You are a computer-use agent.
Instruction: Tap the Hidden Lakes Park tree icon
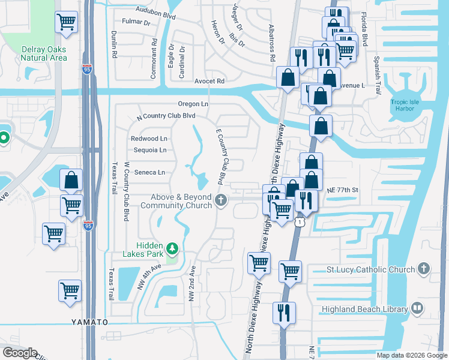coord(172,248)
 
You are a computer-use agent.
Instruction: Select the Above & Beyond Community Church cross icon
coord(221,200)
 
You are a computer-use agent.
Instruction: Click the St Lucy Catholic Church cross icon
coord(424,269)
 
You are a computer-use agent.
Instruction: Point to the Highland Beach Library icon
coord(417,308)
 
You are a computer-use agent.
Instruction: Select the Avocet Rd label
coord(209,81)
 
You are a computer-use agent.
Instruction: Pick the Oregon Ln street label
coord(192,104)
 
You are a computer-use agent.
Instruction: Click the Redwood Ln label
coord(148,139)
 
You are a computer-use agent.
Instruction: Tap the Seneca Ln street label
coord(149,173)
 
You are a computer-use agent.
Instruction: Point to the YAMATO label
coord(90,322)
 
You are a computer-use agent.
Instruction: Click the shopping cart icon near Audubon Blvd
coord(66,22)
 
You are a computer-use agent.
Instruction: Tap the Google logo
coord(19,353)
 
